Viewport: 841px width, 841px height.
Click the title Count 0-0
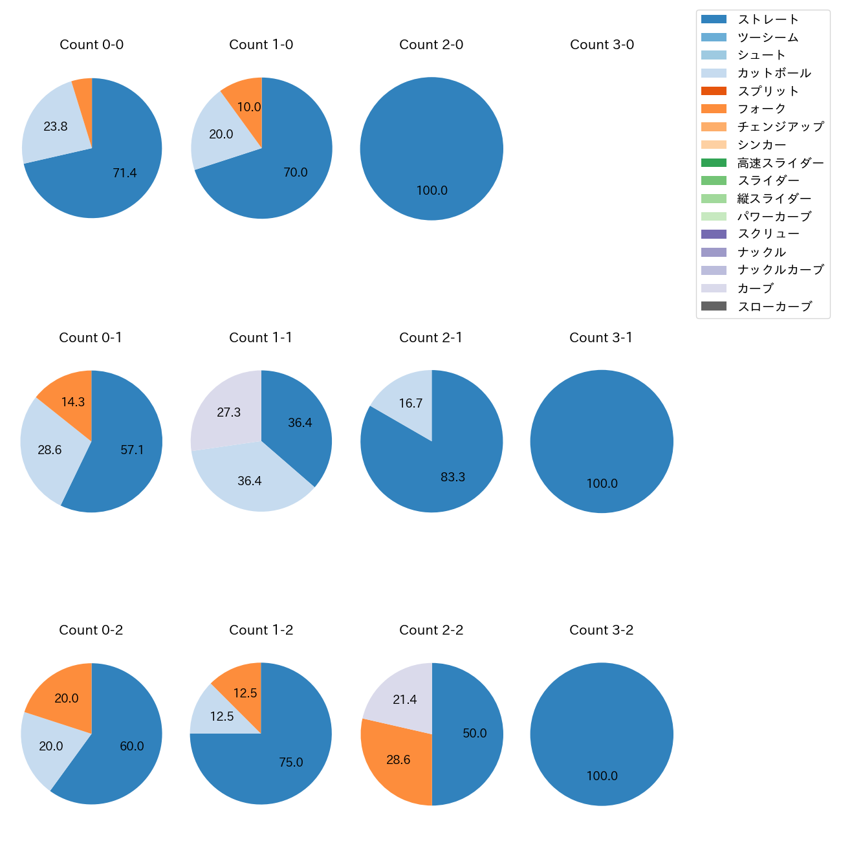(x=91, y=45)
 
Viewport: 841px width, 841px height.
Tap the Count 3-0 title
(x=602, y=45)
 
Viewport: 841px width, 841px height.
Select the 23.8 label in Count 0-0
(x=56, y=127)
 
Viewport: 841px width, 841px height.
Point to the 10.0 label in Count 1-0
(x=249, y=107)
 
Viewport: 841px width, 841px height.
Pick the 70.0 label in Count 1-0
(x=296, y=173)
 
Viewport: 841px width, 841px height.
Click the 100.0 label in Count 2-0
(x=431, y=191)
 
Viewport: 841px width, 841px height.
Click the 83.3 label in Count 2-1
(x=453, y=477)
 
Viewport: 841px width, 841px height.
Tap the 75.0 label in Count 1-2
(x=291, y=763)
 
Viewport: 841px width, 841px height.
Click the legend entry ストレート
(x=768, y=19)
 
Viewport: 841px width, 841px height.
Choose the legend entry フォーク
(x=761, y=109)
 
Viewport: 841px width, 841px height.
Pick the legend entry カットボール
(x=774, y=73)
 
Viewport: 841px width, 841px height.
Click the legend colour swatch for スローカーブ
(x=714, y=307)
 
